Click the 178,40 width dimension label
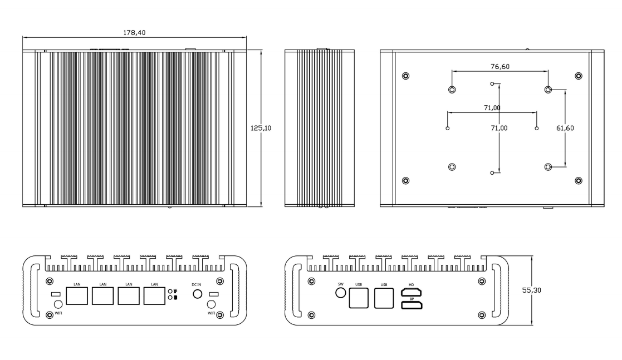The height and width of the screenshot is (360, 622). pyautogui.click(x=134, y=32)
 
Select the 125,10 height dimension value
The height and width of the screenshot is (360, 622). pyautogui.click(x=261, y=128)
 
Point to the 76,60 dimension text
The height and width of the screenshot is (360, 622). pyautogui.click(x=500, y=67)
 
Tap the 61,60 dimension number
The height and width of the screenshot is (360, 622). pyautogui.click(x=565, y=128)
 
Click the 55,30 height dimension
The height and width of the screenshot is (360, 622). pyautogui.click(x=532, y=290)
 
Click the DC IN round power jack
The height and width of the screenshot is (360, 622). pyautogui.click(x=197, y=294)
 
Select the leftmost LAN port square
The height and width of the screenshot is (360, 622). pyautogui.click(x=77, y=296)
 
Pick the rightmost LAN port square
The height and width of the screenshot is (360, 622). pyautogui.click(x=155, y=296)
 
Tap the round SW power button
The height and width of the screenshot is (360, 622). pyautogui.click(x=340, y=293)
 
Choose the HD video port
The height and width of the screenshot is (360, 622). pyautogui.click(x=412, y=293)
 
